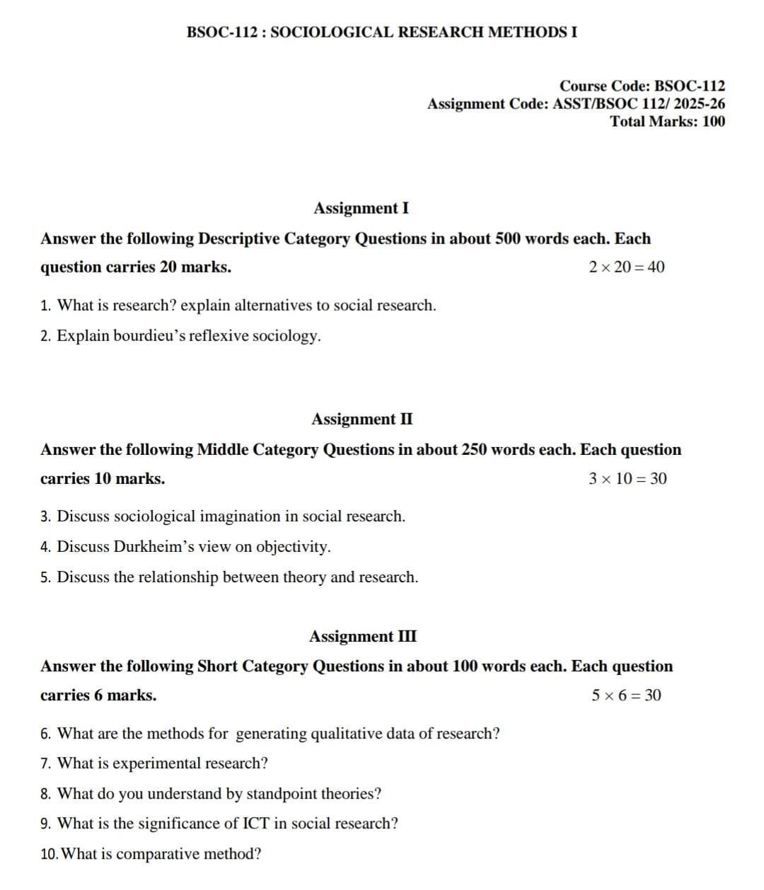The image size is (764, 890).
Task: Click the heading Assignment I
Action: coord(361,208)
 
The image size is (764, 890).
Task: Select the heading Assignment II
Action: coord(361,419)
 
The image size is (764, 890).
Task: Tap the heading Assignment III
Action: coord(362,636)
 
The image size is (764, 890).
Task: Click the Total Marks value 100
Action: coord(713,121)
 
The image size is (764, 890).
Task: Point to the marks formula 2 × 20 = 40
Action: coord(626,267)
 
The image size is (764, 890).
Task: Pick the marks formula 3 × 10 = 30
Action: coord(627,478)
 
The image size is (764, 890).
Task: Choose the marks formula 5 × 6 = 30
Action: coord(626,695)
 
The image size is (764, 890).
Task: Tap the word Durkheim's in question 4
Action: coord(154,546)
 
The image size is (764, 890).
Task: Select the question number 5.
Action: coord(45,577)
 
